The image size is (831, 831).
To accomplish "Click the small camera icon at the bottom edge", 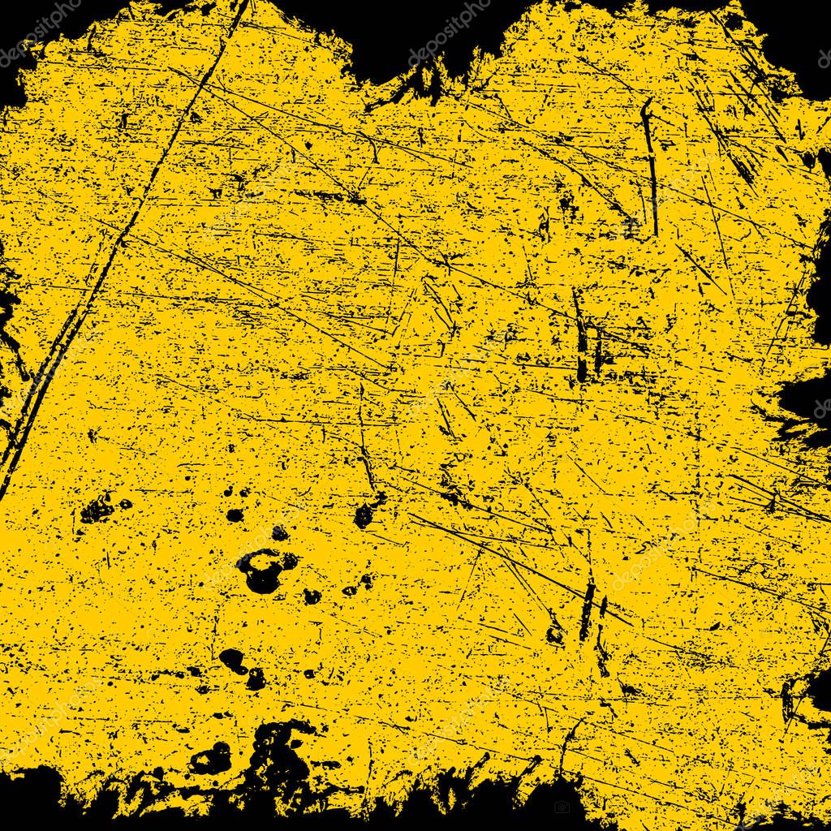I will click(x=562, y=807).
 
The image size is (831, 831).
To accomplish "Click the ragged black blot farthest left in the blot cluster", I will click(x=97, y=510).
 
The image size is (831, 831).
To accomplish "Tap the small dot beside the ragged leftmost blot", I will click(x=125, y=504).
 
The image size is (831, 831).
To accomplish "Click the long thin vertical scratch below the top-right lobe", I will click(x=649, y=162).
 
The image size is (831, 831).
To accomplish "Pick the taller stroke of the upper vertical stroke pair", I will click(x=579, y=337).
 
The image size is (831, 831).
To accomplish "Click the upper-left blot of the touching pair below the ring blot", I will click(x=232, y=660).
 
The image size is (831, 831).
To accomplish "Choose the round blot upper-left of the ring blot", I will click(x=235, y=515).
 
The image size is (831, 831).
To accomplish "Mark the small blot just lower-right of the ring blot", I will click(x=311, y=596).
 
